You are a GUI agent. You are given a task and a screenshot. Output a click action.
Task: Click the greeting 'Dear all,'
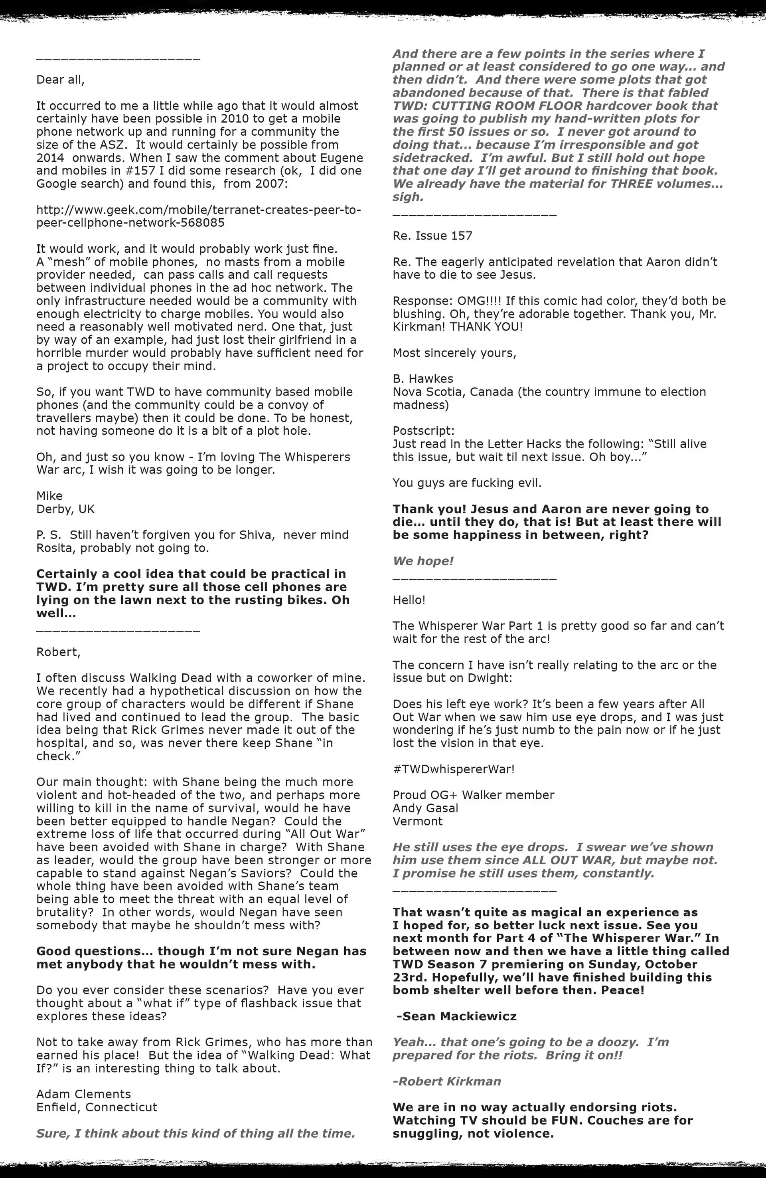click(60, 80)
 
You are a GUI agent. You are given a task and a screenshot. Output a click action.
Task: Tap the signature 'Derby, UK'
click(65, 509)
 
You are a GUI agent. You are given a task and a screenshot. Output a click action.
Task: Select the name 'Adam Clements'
click(84, 1094)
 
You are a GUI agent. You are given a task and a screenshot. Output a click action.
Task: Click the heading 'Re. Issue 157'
click(432, 236)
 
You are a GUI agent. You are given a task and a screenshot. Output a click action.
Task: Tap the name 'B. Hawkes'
click(423, 379)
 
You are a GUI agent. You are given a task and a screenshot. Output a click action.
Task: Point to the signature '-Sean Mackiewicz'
click(456, 1016)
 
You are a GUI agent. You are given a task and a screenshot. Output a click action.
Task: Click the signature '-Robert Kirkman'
click(447, 1081)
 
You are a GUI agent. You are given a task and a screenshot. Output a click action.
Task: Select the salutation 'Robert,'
click(58, 652)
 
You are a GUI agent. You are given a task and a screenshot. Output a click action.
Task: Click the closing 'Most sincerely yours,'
click(454, 353)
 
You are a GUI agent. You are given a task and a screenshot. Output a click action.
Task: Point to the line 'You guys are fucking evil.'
click(467, 483)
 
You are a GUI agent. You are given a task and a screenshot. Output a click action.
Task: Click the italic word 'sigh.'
click(408, 197)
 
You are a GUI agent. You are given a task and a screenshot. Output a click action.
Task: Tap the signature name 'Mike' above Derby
click(49, 496)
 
